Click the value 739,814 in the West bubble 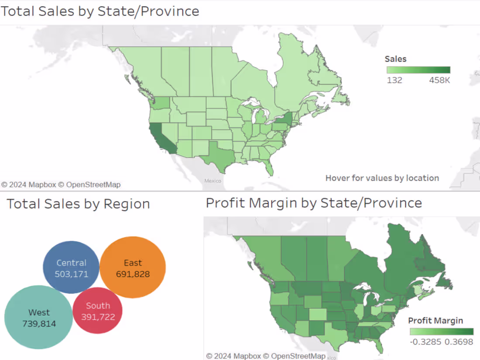[x=39, y=324]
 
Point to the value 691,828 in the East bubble [x=133, y=274]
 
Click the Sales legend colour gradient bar [x=418, y=70]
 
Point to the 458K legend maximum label [x=439, y=80]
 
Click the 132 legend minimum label [x=394, y=80]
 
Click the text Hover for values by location [x=382, y=178]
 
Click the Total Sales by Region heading [x=78, y=204]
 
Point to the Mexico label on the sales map [x=213, y=181]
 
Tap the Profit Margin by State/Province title [x=314, y=203]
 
